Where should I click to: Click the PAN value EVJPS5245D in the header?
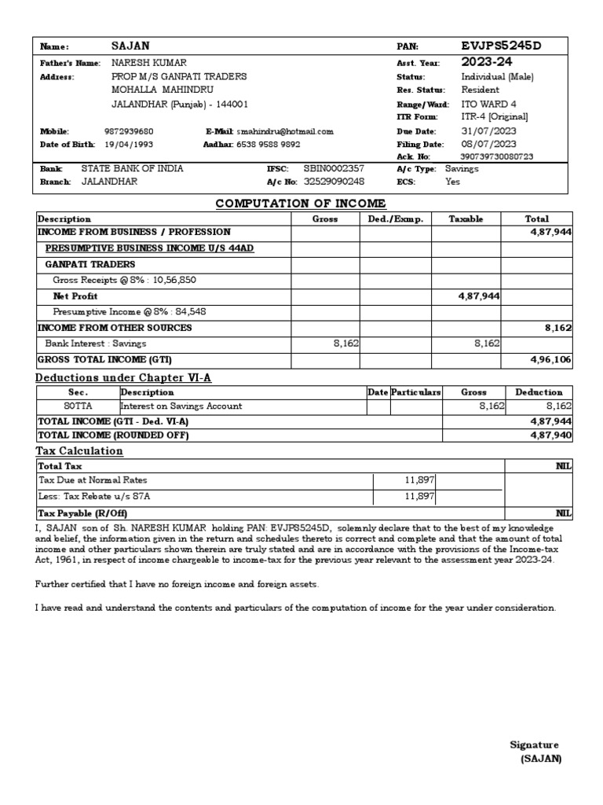click(501, 46)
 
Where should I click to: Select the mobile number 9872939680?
click(129, 132)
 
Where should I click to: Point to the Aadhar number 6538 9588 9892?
click(269, 145)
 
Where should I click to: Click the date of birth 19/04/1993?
click(129, 145)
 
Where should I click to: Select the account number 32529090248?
click(334, 181)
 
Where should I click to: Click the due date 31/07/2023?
click(488, 131)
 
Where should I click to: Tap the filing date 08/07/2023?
click(488, 144)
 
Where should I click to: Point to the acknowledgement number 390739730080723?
click(497, 156)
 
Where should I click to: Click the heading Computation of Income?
click(301, 204)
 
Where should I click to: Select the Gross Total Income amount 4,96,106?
click(550, 359)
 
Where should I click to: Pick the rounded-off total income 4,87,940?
click(550, 435)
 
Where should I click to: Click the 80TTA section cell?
click(78, 406)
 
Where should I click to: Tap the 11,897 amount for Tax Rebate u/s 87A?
click(420, 496)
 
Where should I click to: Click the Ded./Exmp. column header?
click(395, 219)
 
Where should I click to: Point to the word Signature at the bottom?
click(534, 745)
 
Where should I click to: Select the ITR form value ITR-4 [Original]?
click(495, 116)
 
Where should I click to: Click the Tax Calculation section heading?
click(79, 451)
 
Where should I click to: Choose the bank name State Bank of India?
click(133, 168)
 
